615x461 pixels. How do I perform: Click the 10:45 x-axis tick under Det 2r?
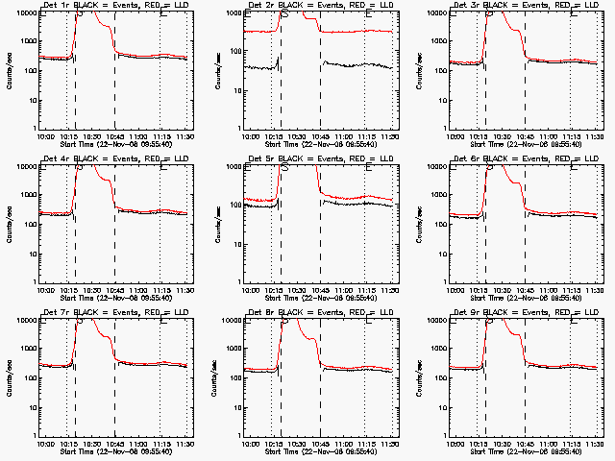coord(321,136)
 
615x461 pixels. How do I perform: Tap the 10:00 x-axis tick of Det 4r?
coord(45,290)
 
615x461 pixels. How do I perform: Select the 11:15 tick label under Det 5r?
coord(367,290)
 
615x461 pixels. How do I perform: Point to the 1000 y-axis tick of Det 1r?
coord(28,41)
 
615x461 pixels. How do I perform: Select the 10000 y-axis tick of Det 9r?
coord(435,320)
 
